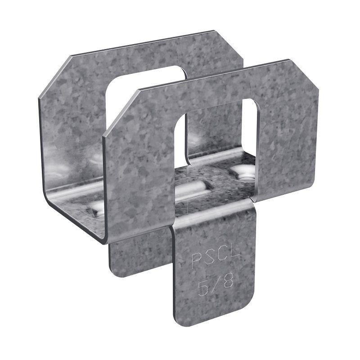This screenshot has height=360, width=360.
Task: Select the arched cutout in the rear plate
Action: click(148, 94)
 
